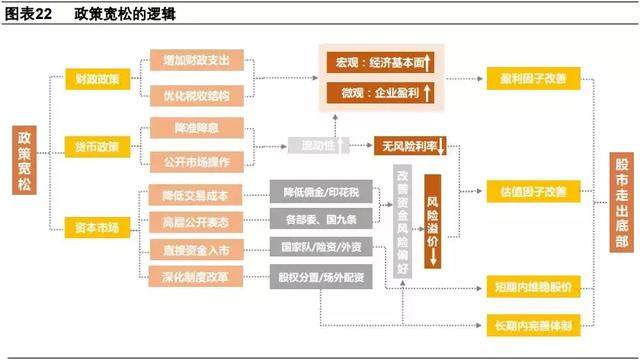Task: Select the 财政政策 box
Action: pyautogui.click(x=97, y=77)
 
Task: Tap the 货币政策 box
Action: pyautogui.click(x=97, y=148)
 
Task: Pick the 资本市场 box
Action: pyautogui.click(x=97, y=229)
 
